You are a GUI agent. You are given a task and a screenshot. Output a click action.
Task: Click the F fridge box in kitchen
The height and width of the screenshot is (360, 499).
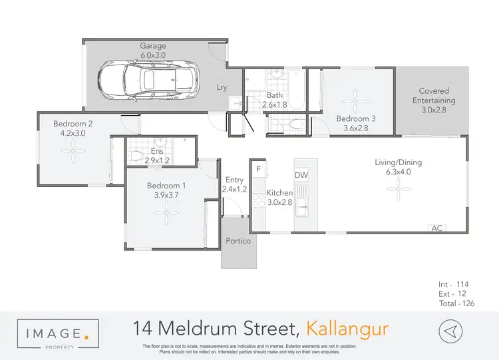coord(258,169)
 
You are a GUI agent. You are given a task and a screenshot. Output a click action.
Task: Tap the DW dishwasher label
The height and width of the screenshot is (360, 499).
coord(301,174)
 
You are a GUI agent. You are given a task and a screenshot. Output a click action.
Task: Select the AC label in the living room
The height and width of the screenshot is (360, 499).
coord(437,228)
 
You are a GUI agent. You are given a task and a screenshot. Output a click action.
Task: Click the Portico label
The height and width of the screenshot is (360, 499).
coord(238,241)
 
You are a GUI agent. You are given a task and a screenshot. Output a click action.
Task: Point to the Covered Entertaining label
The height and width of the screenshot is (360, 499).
coord(434,96)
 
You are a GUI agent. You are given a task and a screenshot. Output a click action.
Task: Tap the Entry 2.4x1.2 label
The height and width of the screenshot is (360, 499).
coord(234,184)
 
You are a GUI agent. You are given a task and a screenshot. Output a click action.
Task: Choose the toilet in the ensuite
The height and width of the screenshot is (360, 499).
coord(136,156)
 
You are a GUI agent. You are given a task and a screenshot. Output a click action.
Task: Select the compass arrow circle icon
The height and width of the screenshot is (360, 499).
coord(451,330)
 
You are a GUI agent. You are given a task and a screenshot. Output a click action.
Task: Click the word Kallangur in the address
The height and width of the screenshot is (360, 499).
coord(347,329)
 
